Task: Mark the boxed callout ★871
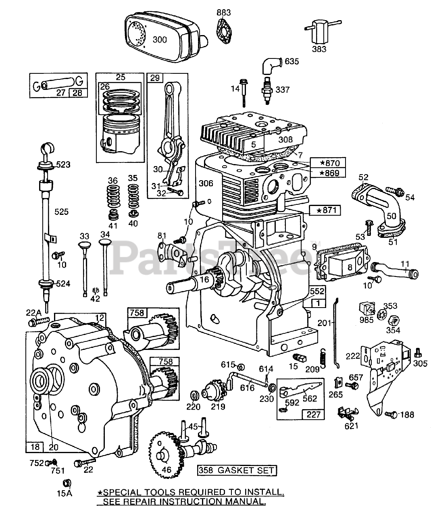(325, 210)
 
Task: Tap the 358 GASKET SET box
(237, 470)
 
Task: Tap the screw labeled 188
(389, 414)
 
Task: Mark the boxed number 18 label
(35, 446)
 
